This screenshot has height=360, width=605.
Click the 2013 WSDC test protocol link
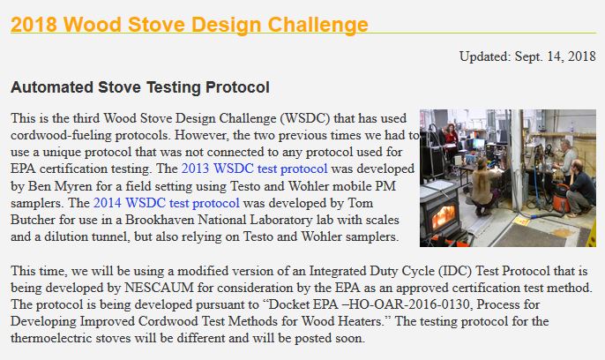(254, 169)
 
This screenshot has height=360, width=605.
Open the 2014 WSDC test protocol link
(167, 203)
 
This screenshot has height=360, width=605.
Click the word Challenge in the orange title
(317, 25)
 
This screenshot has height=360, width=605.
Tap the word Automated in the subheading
(52, 87)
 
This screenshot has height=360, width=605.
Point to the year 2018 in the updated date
(581, 56)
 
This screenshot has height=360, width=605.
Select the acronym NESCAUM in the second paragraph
(160, 288)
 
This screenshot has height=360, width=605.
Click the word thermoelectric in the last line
(51, 338)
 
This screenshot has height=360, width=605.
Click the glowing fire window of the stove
(443, 216)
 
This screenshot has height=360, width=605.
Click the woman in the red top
(451, 139)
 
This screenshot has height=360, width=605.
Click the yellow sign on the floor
(521, 221)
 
